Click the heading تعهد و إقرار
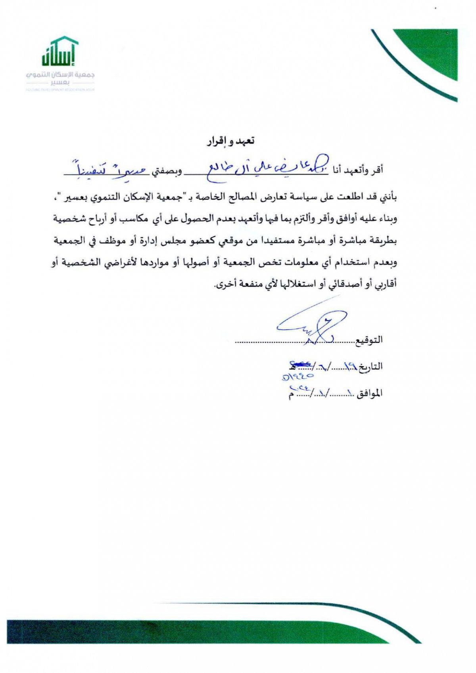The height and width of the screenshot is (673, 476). (x=230, y=141)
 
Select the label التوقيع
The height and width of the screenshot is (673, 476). (x=370, y=340)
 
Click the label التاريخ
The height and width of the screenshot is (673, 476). (x=371, y=367)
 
